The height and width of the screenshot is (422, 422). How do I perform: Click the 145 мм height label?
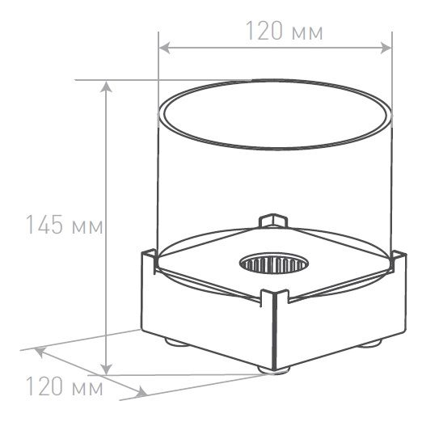click(64, 225)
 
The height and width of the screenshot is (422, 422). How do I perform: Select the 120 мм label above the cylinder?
click(285, 31)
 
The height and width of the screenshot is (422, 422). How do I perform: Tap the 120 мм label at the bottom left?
click(65, 386)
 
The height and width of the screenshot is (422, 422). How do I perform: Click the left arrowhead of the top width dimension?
click(164, 48)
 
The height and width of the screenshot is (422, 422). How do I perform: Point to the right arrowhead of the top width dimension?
click(386, 48)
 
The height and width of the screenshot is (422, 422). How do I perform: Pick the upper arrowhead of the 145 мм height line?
click(106, 87)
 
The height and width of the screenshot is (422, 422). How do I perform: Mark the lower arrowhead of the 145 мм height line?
click(106, 369)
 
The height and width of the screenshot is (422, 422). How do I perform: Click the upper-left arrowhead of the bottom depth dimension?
click(40, 352)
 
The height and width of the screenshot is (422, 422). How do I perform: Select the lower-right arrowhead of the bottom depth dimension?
click(141, 392)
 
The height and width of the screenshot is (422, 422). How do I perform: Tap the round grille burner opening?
click(274, 264)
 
